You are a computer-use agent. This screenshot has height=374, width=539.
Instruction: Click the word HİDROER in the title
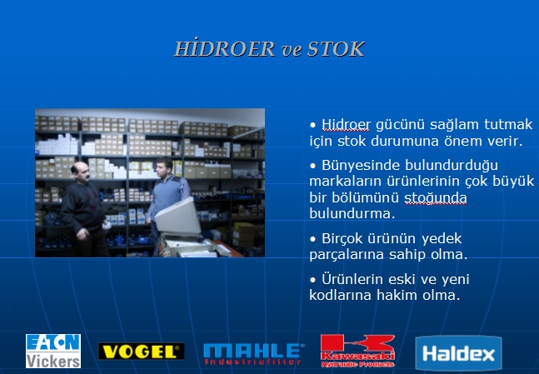(x=224, y=49)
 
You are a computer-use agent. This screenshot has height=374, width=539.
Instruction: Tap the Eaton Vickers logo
(x=53, y=351)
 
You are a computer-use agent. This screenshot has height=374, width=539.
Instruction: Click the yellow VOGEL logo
(x=142, y=352)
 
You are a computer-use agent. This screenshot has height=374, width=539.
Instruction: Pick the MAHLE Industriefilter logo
(x=253, y=354)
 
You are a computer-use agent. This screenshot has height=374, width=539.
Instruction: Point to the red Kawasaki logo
(x=357, y=352)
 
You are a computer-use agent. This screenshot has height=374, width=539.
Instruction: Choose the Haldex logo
(x=458, y=353)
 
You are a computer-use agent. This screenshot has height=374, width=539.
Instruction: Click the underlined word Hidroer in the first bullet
(x=346, y=124)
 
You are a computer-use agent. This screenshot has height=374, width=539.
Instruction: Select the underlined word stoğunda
(x=435, y=198)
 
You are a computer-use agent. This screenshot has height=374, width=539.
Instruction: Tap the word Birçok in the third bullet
(x=342, y=238)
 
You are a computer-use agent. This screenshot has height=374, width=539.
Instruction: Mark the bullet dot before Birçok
(x=312, y=239)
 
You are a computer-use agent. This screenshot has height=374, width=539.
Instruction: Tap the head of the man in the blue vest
(x=165, y=167)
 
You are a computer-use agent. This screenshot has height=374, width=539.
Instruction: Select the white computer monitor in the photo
(x=178, y=217)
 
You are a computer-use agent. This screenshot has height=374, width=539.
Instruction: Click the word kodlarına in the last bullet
(x=340, y=295)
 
